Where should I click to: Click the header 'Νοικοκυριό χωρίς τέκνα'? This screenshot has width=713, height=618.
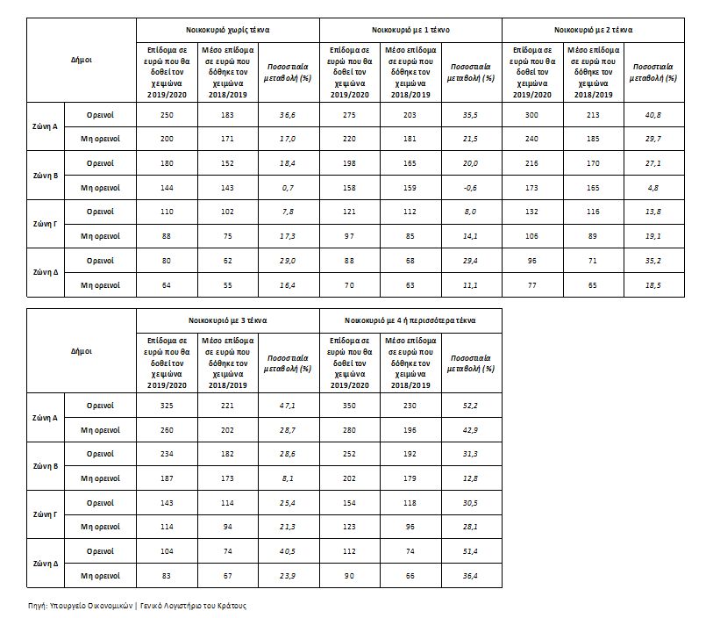tap(226, 29)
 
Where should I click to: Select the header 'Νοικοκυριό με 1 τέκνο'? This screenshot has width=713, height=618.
tap(410, 29)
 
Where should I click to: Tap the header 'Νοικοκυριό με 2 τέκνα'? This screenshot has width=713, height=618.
tap(593, 29)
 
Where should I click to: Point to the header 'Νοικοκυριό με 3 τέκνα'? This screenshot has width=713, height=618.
tap(226, 320)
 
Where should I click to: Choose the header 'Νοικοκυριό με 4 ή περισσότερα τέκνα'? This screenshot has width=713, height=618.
tap(410, 320)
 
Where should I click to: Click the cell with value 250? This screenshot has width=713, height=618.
tap(167, 115)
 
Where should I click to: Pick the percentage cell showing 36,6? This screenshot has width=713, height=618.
tap(288, 115)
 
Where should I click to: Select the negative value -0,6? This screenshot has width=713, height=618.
tap(471, 187)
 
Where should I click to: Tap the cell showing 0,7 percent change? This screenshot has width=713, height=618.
tap(288, 187)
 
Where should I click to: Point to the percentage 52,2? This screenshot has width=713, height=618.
tap(471, 406)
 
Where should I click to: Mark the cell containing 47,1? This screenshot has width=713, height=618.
tap(288, 406)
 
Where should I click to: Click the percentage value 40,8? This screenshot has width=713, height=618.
tap(653, 115)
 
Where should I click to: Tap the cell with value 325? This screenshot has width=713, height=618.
tap(167, 406)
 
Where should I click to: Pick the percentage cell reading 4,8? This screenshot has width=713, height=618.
tap(653, 187)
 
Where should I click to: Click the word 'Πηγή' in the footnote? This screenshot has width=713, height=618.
tap(37, 606)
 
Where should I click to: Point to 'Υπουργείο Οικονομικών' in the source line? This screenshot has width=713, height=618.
tap(92, 606)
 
